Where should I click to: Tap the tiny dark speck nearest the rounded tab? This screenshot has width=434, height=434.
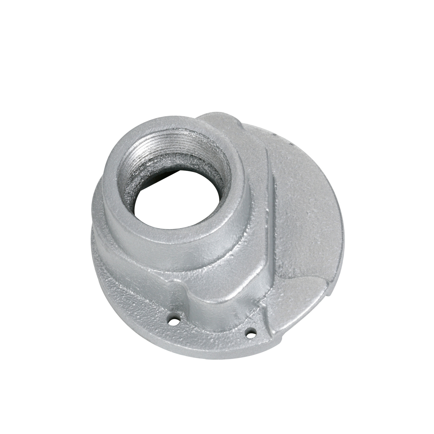coord(274,135)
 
